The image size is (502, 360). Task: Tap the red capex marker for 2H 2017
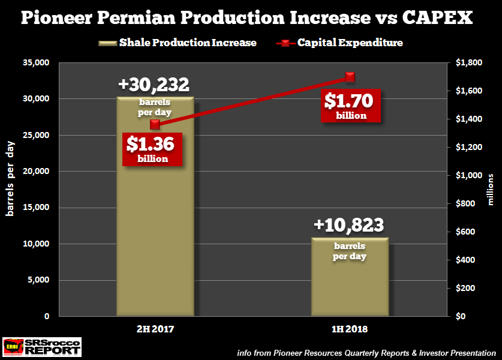pos(155,124)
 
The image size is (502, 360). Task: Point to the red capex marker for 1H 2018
pos(350,77)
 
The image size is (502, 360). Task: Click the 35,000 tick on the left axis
pos(35,62)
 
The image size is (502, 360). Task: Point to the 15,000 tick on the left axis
pos(35,208)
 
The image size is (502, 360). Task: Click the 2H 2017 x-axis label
pos(155,329)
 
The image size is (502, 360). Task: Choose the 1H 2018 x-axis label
pos(350,329)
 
